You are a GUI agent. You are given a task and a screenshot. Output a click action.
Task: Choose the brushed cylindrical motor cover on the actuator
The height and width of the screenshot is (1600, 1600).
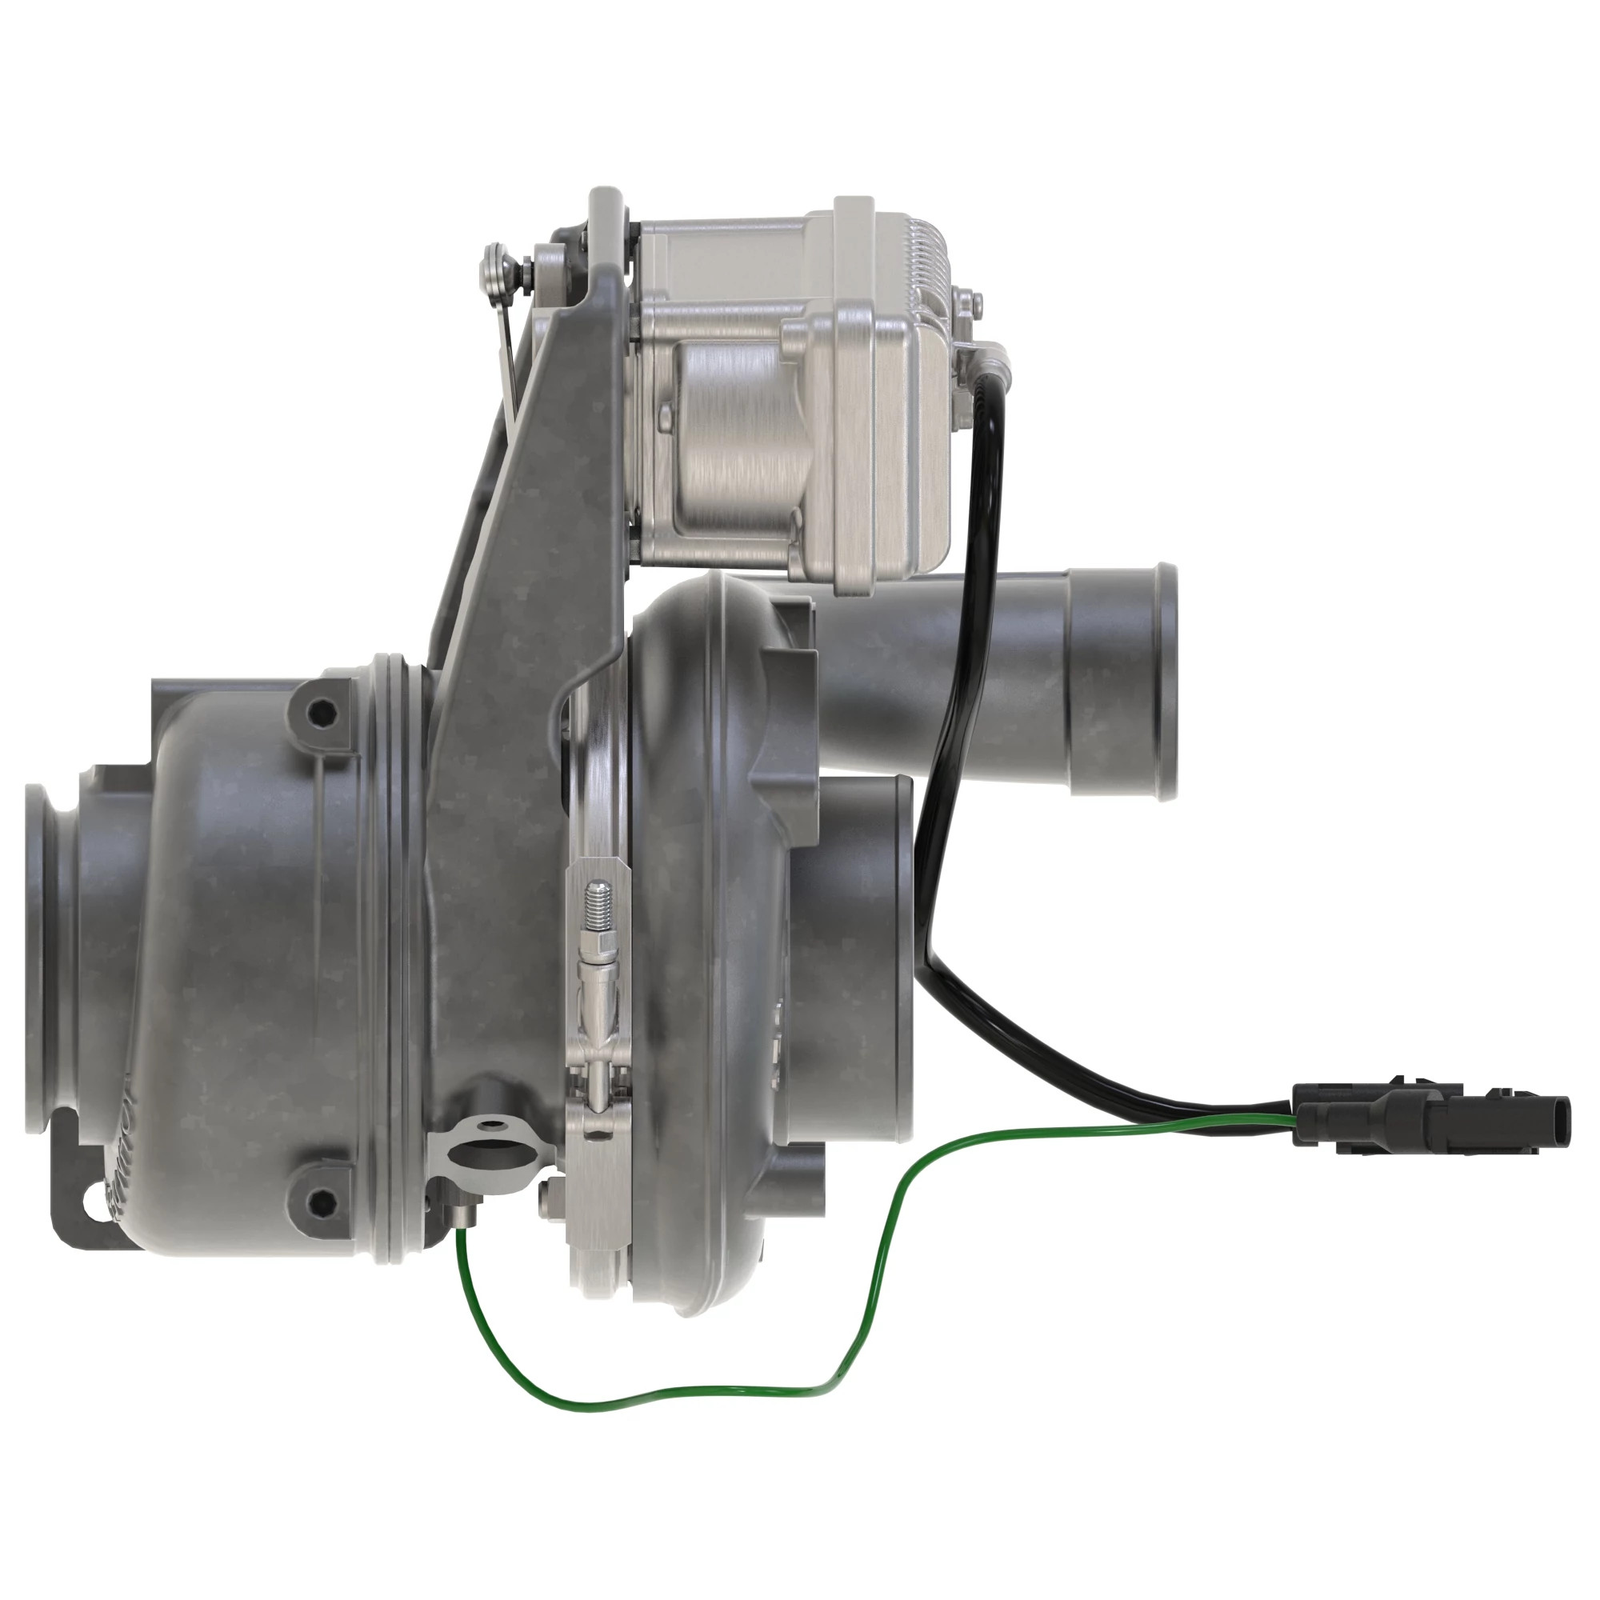[729, 439]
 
